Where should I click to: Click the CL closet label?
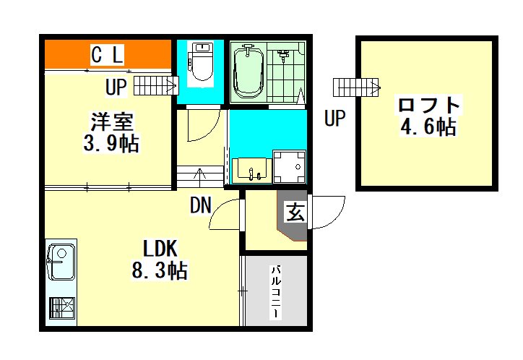pyautogui.click(x=107, y=56)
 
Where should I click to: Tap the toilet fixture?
pyautogui.click(x=202, y=61)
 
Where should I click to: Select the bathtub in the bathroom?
pyautogui.click(x=248, y=72)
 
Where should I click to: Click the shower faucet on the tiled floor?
pyautogui.click(x=283, y=56)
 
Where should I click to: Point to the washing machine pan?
pyautogui.click(x=290, y=166)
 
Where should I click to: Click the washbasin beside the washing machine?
pyautogui.click(x=253, y=171)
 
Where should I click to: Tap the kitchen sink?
pyautogui.click(x=61, y=262)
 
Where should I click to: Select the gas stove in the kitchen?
pyautogui.click(x=62, y=308)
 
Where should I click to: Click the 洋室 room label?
pyautogui.click(x=112, y=121)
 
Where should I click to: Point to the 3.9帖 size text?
pyautogui.click(x=111, y=143)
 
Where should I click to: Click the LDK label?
pyautogui.click(x=160, y=249)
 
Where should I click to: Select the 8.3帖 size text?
pyautogui.click(x=160, y=270)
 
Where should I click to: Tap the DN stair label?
pyautogui.click(x=201, y=205)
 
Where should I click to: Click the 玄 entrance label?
pyautogui.click(x=295, y=213)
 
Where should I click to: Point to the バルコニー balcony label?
pyautogui.click(x=277, y=291)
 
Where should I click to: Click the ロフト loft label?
pyautogui.click(x=429, y=105)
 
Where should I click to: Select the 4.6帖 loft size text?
pyautogui.click(x=428, y=127)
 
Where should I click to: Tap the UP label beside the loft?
pyautogui.click(x=334, y=117)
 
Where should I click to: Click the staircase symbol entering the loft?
pyautogui.click(x=357, y=87)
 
